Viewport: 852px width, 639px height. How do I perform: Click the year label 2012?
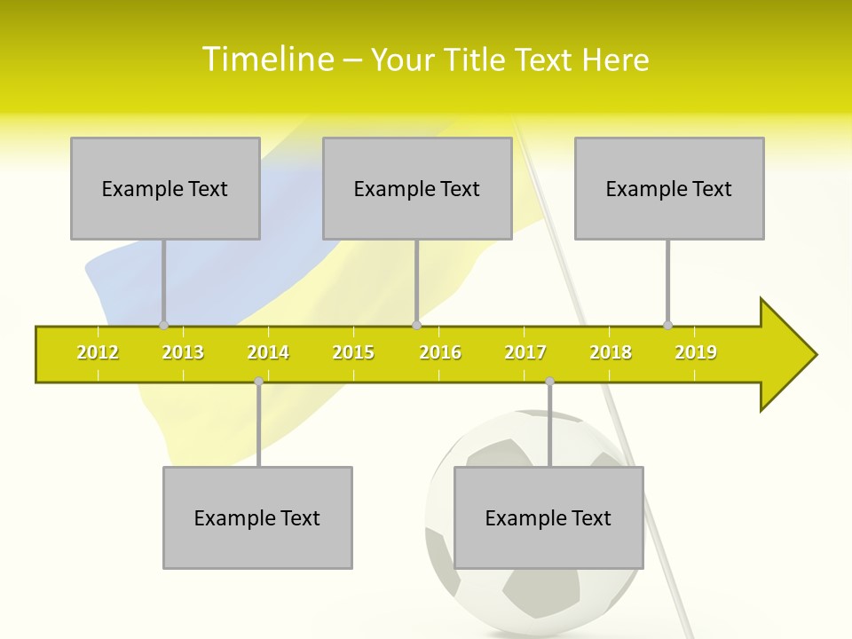tap(98, 352)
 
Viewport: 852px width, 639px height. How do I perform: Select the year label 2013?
tap(183, 352)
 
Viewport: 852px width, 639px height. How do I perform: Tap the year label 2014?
tap(268, 352)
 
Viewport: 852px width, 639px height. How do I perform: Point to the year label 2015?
tap(353, 352)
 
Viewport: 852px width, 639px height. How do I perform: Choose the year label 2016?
tap(440, 352)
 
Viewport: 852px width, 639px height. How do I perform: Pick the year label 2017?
tap(525, 352)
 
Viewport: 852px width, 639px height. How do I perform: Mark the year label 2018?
tap(611, 352)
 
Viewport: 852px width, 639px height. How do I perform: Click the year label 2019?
tap(696, 352)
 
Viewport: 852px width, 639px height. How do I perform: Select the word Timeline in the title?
tap(268, 59)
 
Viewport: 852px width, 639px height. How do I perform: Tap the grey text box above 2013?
tap(165, 188)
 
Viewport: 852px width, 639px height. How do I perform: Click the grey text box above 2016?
tap(417, 188)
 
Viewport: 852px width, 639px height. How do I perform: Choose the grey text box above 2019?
tap(669, 188)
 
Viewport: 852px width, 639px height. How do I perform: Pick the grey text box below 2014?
tap(257, 517)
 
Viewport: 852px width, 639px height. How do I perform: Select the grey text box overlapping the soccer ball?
tap(548, 517)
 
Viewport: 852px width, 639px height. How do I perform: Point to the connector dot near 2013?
tap(163, 325)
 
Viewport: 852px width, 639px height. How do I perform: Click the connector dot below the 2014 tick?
tap(258, 381)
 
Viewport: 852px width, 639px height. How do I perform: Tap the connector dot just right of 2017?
tap(549, 381)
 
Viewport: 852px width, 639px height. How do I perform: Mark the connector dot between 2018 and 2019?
tap(667, 325)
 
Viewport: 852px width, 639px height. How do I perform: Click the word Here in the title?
tap(615, 59)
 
